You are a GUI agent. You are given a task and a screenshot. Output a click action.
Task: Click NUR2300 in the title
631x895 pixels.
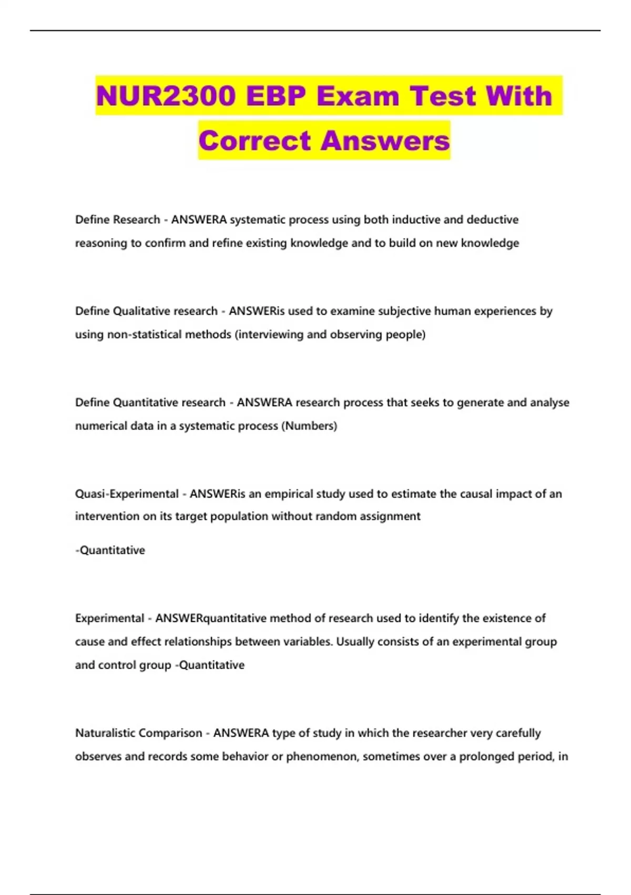(x=166, y=96)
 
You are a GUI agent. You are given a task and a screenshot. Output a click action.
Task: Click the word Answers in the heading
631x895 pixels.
(x=385, y=141)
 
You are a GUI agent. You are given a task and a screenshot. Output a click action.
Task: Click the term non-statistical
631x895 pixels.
(x=144, y=335)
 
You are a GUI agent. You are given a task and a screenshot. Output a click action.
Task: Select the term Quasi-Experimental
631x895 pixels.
(x=127, y=494)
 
